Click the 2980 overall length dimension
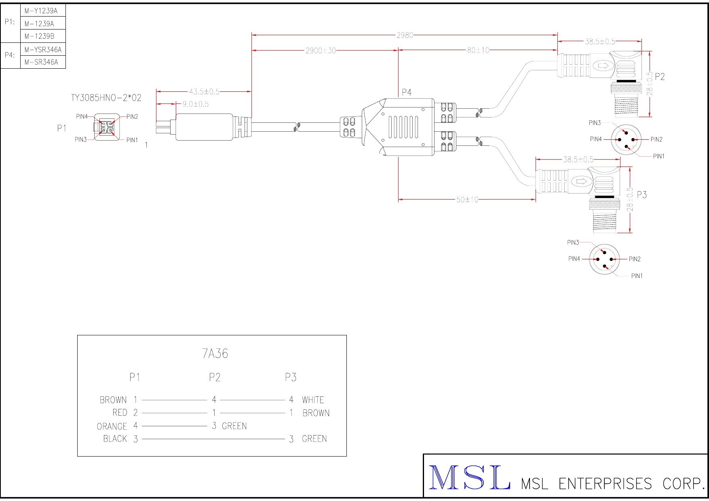click(x=405, y=35)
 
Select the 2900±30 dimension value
click(x=321, y=51)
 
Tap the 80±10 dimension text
click(x=478, y=50)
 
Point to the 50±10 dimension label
click(x=467, y=200)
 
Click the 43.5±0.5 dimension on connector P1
click(x=204, y=92)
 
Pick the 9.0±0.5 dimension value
click(x=196, y=104)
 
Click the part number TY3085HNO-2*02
click(x=106, y=98)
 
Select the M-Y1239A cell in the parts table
click(x=41, y=11)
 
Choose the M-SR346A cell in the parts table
click(x=41, y=62)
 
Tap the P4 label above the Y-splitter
click(x=407, y=93)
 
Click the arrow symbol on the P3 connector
click(x=581, y=182)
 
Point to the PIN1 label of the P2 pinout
click(x=658, y=156)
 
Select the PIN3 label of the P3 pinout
click(x=573, y=242)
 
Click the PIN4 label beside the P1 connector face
click(x=82, y=116)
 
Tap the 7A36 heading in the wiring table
click(x=215, y=354)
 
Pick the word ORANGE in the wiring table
click(x=112, y=427)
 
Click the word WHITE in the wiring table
click(x=313, y=400)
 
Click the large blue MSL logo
click(x=469, y=478)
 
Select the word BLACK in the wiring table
click(x=115, y=439)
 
